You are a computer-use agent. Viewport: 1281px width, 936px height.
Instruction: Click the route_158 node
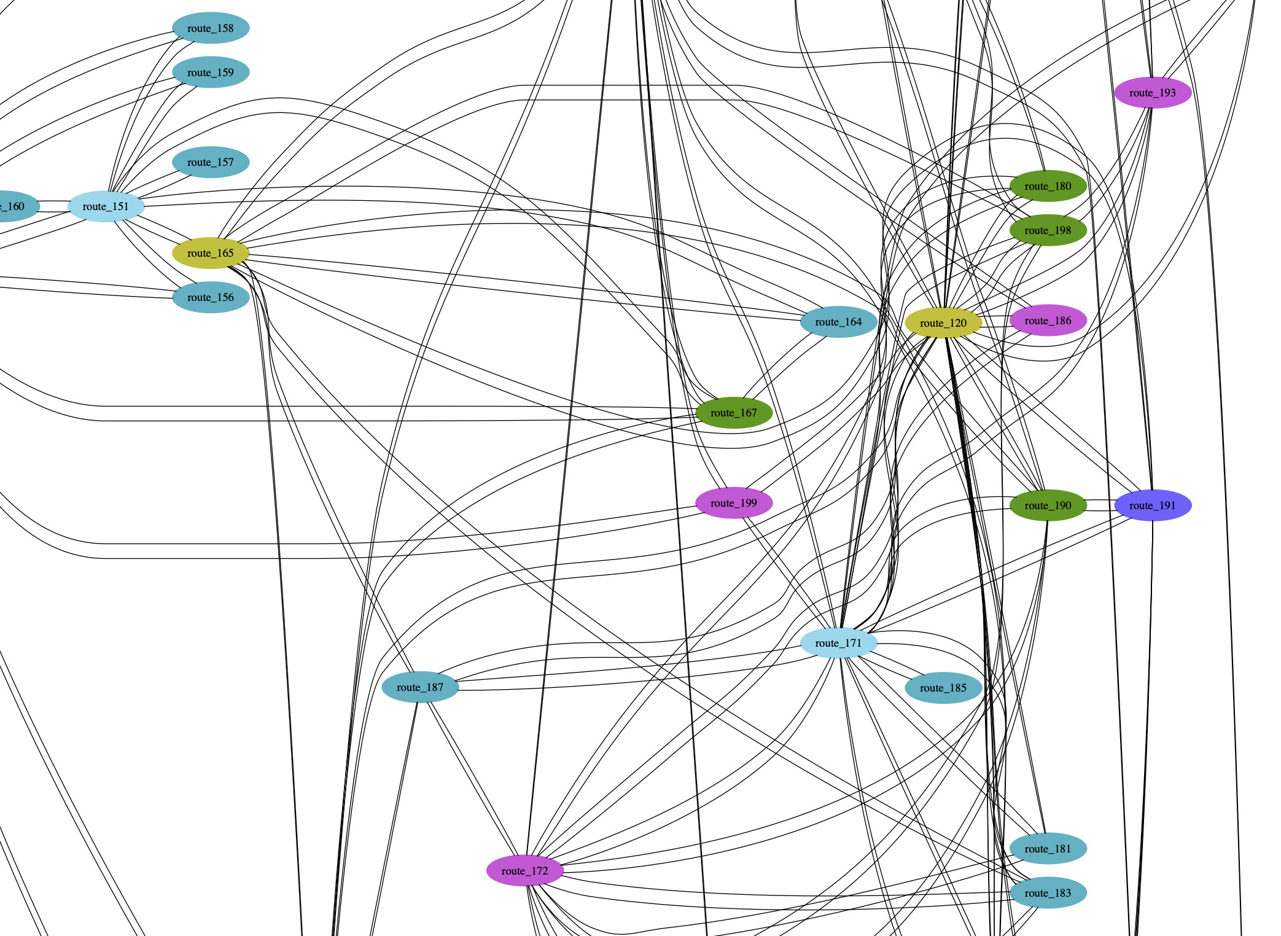click(x=211, y=28)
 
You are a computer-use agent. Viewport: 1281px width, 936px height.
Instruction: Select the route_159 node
click(x=211, y=72)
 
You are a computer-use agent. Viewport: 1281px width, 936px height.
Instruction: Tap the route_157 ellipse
click(x=211, y=162)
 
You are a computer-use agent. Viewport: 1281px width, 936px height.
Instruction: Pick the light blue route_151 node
click(x=106, y=206)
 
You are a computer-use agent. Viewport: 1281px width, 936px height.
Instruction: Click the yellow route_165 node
click(x=211, y=253)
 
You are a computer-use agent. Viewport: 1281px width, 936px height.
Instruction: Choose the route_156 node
click(x=211, y=297)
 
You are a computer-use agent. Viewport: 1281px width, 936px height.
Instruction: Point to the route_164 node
click(x=838, y=322)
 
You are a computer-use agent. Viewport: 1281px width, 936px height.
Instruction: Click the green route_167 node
click(x=733, y=413)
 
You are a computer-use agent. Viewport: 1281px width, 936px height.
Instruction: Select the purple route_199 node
click(x=733, y=503)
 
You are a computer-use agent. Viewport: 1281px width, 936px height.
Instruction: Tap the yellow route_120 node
click(x=943, y=323)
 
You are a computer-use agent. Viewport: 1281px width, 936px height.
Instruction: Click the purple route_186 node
click(x=1048, y=321)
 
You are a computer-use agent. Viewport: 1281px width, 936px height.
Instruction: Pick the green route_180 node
click(x=1048, y=186)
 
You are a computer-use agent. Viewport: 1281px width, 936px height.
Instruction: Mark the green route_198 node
click(x=1048, y=230)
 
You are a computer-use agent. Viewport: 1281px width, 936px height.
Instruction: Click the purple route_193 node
click(x=1152, y=93)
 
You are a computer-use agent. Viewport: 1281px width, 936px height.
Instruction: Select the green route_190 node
click(x=1048, y=505)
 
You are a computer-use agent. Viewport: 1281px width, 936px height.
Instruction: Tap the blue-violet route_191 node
click(x=1152, y=505)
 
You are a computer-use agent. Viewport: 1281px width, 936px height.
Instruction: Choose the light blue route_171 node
click(x=838, y=643)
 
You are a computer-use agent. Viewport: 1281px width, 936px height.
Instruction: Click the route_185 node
click(x=943, y=688)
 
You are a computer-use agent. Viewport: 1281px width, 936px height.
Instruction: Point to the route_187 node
click(x=420, y=687)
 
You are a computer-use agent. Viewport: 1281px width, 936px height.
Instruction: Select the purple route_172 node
click(x=524, y=871)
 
